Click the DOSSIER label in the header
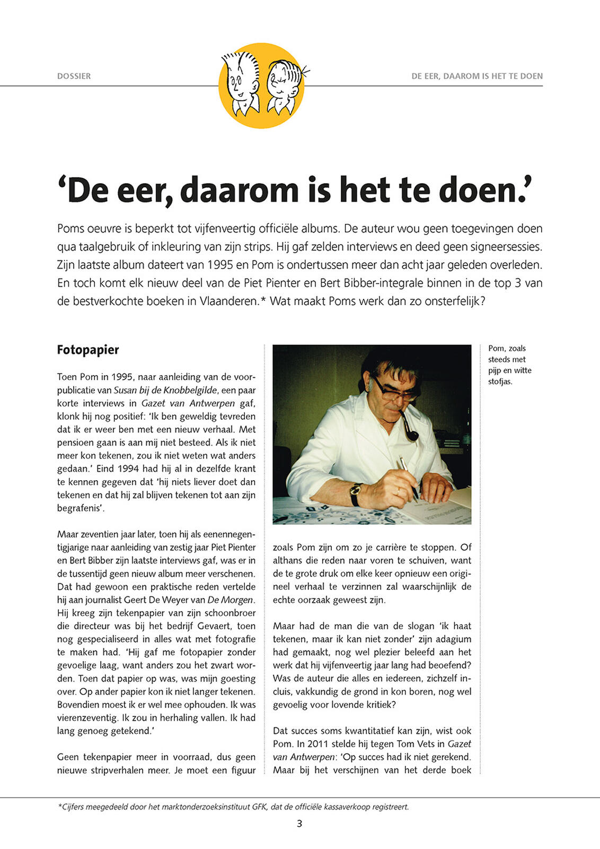[74, 76]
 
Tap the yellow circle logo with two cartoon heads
[261, 85]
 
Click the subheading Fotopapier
[88, 350]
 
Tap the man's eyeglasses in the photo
[394, 392]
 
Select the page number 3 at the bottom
[299, 824]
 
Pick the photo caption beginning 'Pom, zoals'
[509, 365]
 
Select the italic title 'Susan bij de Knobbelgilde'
[165, 390]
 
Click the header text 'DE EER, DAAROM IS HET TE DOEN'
[477, 76]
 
